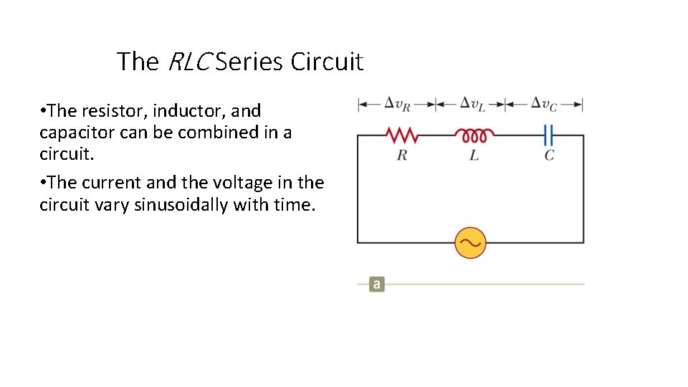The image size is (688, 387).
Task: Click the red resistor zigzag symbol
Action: tap(401, 135)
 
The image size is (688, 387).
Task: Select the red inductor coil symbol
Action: tap(474, 135)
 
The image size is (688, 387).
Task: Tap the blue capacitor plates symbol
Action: tap(549, 135)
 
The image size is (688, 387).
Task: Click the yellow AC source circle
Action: tap(471, 243)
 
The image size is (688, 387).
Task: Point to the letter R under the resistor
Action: tap(401, 155)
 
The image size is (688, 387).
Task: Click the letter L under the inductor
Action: tap(474, 155)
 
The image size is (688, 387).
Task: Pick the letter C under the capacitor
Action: tap(549, 155)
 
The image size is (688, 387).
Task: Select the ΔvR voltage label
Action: tap(398, 104)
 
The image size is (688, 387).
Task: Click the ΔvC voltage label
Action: tap(544, 104)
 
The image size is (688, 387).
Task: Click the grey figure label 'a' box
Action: tap(377, 285)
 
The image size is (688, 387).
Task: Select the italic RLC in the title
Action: tap(189, 62)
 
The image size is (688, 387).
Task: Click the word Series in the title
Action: tap(250, 62)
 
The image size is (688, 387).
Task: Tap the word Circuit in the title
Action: tap(327, 62)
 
